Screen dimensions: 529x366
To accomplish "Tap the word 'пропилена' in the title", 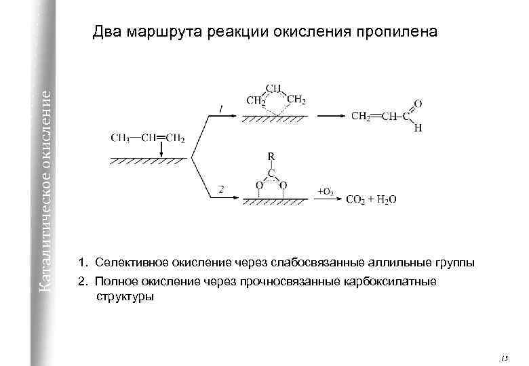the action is tap(400, 32).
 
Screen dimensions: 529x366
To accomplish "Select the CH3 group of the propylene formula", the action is tap(121, 138).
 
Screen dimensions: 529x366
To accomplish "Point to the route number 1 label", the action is tap(220, 108).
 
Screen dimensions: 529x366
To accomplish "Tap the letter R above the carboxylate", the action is tap(271, 156).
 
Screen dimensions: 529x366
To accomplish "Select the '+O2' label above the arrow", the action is tap(325, 192).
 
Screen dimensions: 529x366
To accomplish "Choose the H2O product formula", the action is tap(385, 199).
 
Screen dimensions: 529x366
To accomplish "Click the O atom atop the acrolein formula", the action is tap(417, 103).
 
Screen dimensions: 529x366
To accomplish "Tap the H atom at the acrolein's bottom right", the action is tap(418, 128).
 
